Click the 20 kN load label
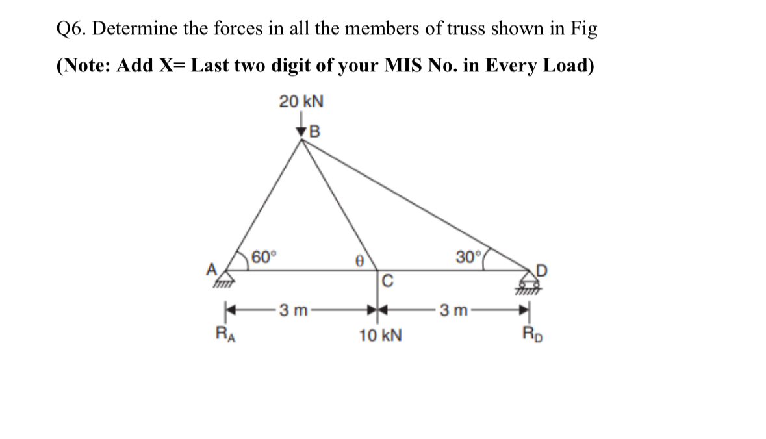point(301,102)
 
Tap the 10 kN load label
point(380,336)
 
